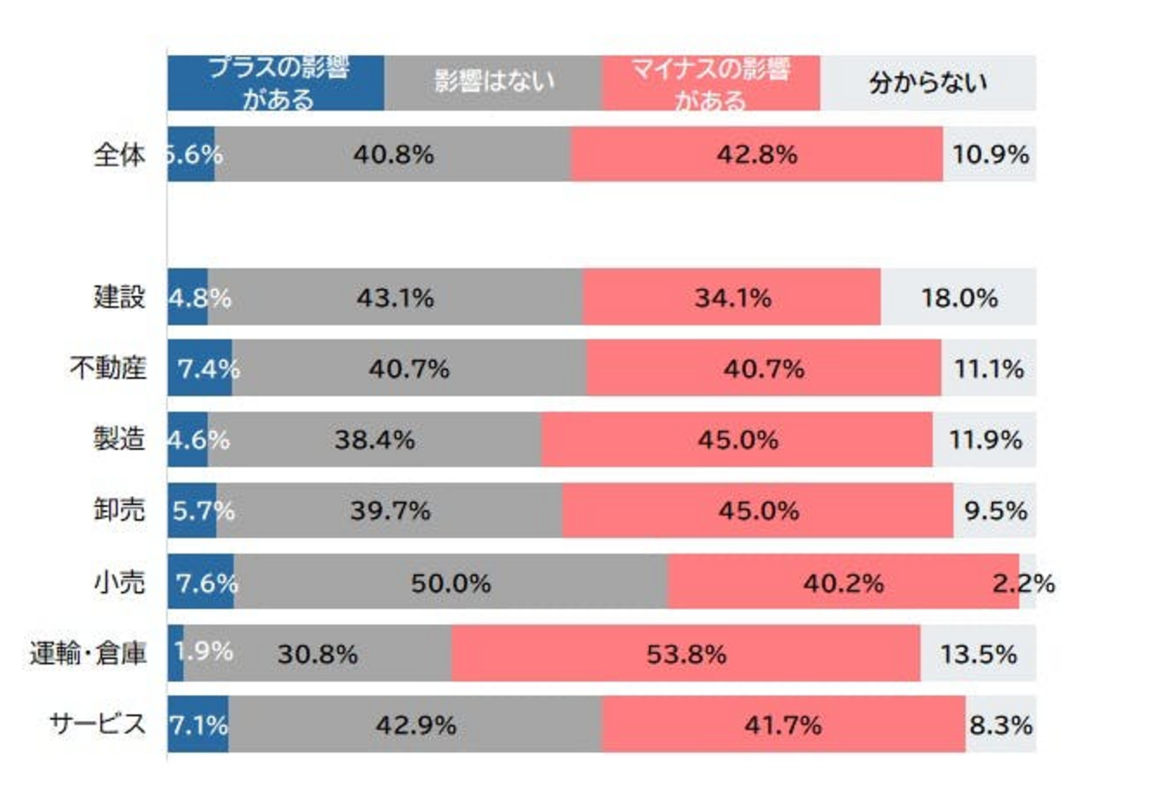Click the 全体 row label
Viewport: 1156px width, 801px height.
click(x=119, y=155)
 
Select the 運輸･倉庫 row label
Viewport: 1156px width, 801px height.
click(x=87, y=653)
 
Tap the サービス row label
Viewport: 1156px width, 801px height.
click(x=98, y=724)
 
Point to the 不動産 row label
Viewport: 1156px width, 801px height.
click(x=108, y=368)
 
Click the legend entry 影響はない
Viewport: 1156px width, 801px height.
click(x=493, y=82)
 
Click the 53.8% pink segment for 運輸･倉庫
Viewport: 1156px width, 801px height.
click(x=686, y=654)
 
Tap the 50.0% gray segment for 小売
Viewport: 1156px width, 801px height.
click(x=451, y=583)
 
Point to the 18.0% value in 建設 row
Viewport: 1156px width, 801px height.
click(x=959, y=298)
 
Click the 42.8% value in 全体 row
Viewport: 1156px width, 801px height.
click(x=756, y=155)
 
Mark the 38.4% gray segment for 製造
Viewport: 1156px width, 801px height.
click(x=374, y=440)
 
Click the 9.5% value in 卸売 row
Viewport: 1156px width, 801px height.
click(x=995, y=511)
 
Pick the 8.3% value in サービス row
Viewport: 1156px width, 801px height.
click(x=1001, y=724)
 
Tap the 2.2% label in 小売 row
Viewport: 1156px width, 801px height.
click(x=1023, y=583)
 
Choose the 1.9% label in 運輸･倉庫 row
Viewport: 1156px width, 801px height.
click(x=204, y=651)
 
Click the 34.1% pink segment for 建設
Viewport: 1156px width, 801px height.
click(x=733, y=298)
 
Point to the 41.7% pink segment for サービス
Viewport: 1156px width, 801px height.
click(x=783, y=724)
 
